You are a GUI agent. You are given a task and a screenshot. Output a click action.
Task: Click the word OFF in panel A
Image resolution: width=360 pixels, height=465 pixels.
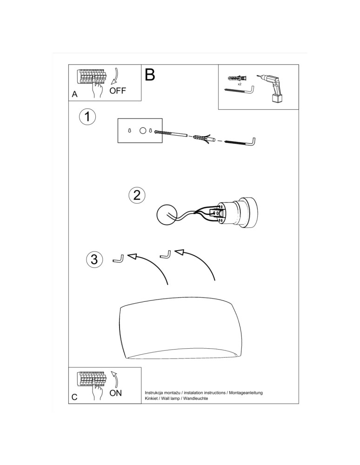118,90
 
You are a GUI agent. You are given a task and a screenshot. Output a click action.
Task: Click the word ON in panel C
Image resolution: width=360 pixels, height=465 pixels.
115,393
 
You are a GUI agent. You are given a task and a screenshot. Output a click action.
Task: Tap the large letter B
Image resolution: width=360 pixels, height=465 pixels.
150,74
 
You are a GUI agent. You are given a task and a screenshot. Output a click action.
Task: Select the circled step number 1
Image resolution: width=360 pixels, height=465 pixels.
87,117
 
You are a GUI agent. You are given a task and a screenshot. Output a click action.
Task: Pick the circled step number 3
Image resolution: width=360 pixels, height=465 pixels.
94,259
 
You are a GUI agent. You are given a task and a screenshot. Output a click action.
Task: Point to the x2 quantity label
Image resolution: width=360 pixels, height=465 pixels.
240,84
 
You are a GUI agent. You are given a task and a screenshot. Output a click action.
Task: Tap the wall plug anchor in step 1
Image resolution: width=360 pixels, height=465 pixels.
200,138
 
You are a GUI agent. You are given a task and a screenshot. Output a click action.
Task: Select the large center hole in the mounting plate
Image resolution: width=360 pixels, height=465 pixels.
143,131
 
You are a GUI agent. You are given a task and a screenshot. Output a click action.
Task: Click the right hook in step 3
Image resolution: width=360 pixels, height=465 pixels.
165,254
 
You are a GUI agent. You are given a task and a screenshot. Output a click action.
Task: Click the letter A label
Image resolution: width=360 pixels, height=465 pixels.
74,94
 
